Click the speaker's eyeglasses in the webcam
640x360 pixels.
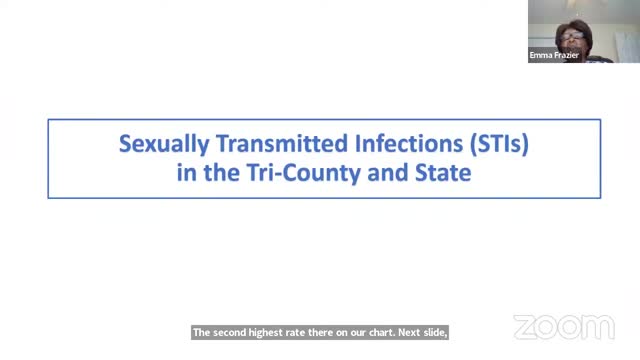pos(573,34)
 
